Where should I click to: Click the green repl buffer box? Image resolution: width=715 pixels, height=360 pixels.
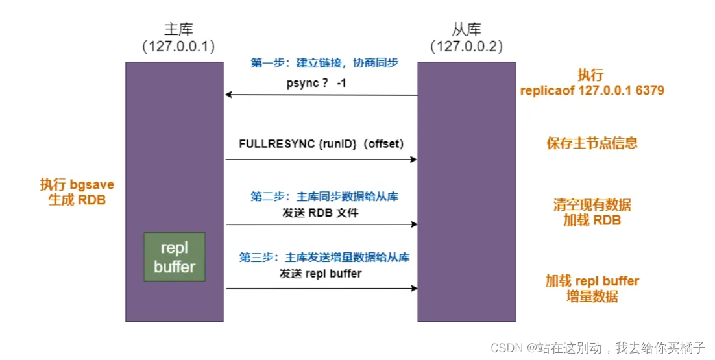coord(175,257)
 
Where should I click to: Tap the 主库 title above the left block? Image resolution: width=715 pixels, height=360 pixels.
coord(178,30)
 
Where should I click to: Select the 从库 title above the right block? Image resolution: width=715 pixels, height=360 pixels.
coord(467,30)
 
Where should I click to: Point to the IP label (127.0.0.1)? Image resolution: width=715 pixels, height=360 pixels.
coord(178,47)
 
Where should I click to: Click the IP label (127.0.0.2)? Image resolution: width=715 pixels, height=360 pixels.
coord(467,47)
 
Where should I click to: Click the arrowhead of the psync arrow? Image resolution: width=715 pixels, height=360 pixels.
coord(228,95)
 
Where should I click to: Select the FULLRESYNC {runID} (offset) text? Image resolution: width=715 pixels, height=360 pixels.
coord(321,143)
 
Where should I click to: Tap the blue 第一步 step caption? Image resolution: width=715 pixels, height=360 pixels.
coord(324,63)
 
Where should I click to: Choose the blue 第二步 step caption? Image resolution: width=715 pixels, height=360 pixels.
coord(324,197)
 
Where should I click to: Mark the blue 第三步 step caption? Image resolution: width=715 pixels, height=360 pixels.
coord(324,258)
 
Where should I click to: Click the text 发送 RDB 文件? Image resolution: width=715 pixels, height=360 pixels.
coord(320,212)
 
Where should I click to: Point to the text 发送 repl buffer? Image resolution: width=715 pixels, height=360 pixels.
coord(321,274)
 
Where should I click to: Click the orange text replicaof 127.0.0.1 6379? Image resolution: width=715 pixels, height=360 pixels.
coord(592,91)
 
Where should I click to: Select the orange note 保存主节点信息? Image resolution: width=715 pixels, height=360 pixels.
coord(592,143)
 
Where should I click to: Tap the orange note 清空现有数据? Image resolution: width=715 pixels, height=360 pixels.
coord(592,205)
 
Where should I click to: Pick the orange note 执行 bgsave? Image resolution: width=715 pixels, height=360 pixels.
coord(77,185)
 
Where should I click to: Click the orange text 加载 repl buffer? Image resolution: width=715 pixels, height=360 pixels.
coord(592,282)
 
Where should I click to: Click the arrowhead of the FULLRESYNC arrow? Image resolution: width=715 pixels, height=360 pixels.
coord(413,159)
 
